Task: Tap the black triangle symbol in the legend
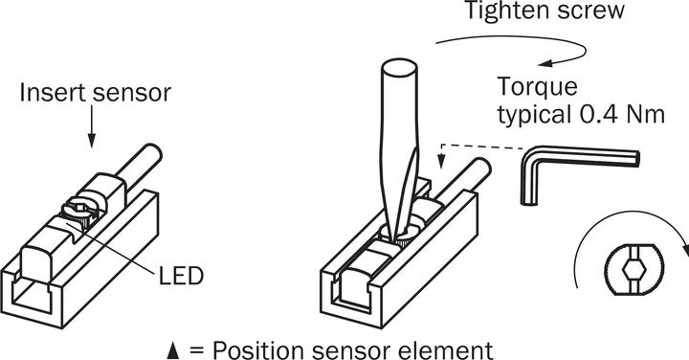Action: (x=173, y=348)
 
